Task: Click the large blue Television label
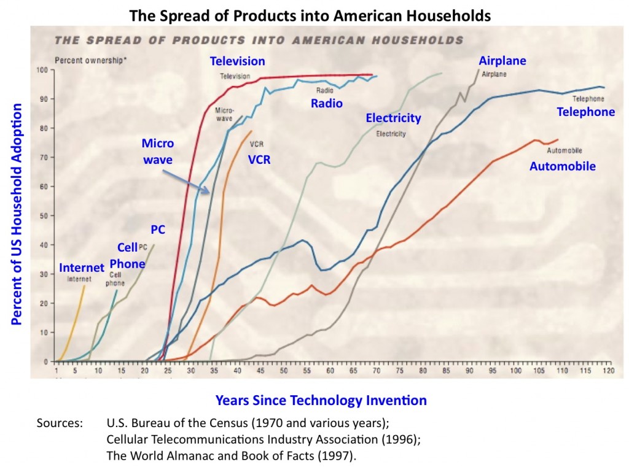(237, 61)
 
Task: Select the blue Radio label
(326, 103)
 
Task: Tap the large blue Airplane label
(502, 61)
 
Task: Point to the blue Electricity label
(393, 118)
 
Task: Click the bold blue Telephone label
(585, 112)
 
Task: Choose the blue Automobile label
(563, 166)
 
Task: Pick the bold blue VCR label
(259, 160)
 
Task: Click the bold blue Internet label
(82, 268)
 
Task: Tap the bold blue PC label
(158, 230)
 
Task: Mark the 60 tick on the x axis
(330, 371)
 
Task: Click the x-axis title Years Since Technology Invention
(321, 401)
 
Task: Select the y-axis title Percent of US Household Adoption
(17, 214)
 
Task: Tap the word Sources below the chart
(60, 423)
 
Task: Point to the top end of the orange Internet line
(85, 286)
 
